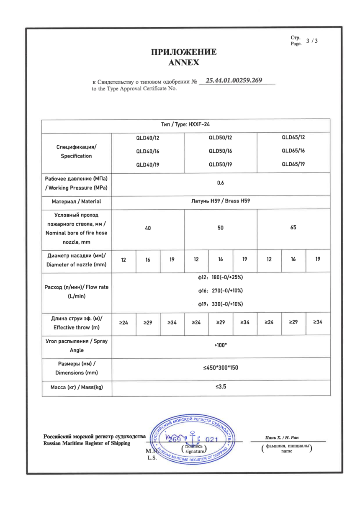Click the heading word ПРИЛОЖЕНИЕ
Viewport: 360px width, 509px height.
[184, 53]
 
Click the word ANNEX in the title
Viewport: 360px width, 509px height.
[184, 63]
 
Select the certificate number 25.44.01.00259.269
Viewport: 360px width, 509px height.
[237, 80]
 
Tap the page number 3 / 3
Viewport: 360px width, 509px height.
[312, 41]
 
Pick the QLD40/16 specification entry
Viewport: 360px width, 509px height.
[148, 151]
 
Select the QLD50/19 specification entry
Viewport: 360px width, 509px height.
[221, 164]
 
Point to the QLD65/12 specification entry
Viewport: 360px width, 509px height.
[293, 137]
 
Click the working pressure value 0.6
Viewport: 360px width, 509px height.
[221, 183]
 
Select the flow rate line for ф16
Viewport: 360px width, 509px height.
[221, 290]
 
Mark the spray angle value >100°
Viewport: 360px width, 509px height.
[221, 345]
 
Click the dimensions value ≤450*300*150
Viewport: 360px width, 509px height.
[221, 368]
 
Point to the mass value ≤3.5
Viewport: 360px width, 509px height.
[221, 387]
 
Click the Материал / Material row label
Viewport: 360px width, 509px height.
[76, 202]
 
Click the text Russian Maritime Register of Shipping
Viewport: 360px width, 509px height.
[86, 443]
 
